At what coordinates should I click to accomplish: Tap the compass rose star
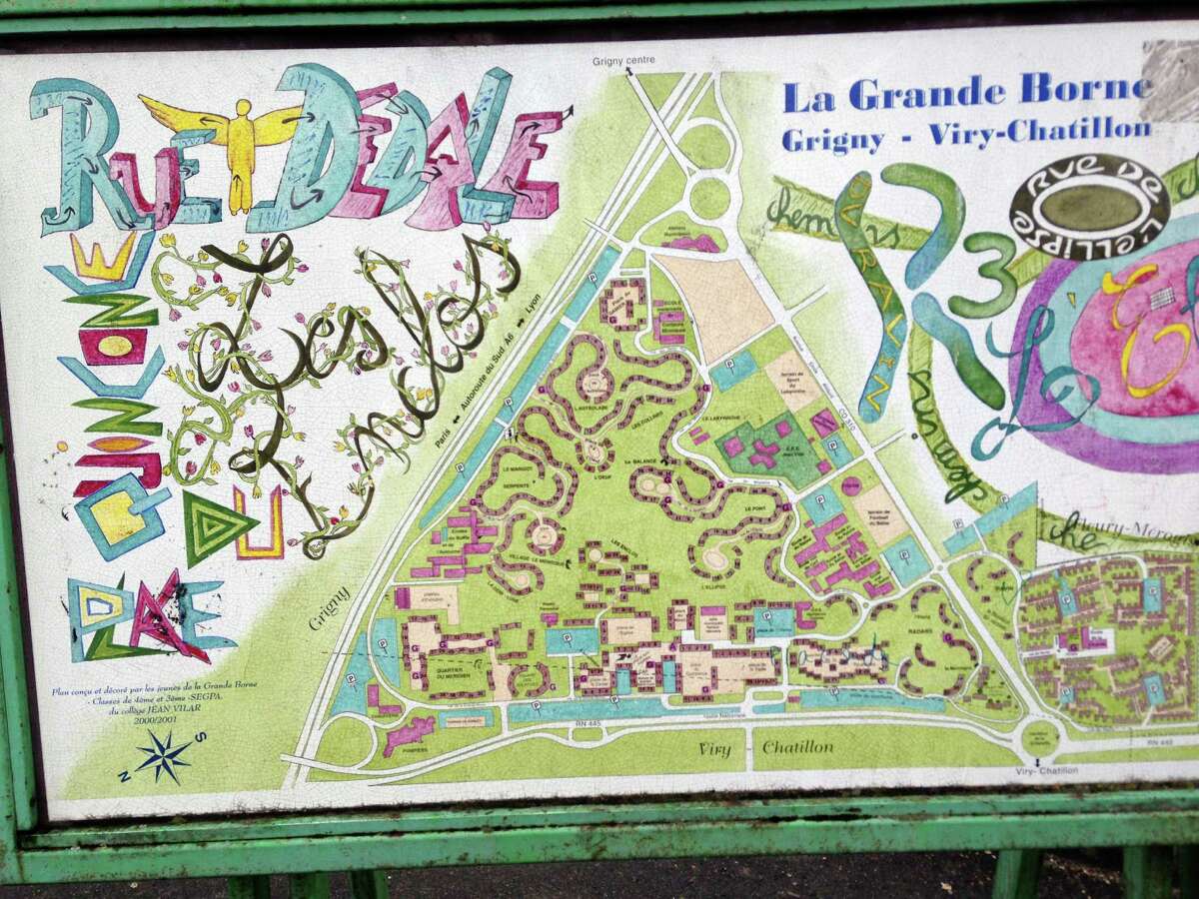[x=163, y=755]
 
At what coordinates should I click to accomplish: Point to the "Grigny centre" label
[x=623, y=61]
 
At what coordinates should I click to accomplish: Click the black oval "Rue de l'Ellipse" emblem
[x=1088, y=206]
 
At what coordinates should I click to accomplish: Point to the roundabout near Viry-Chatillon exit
[x=1040, y=740]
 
